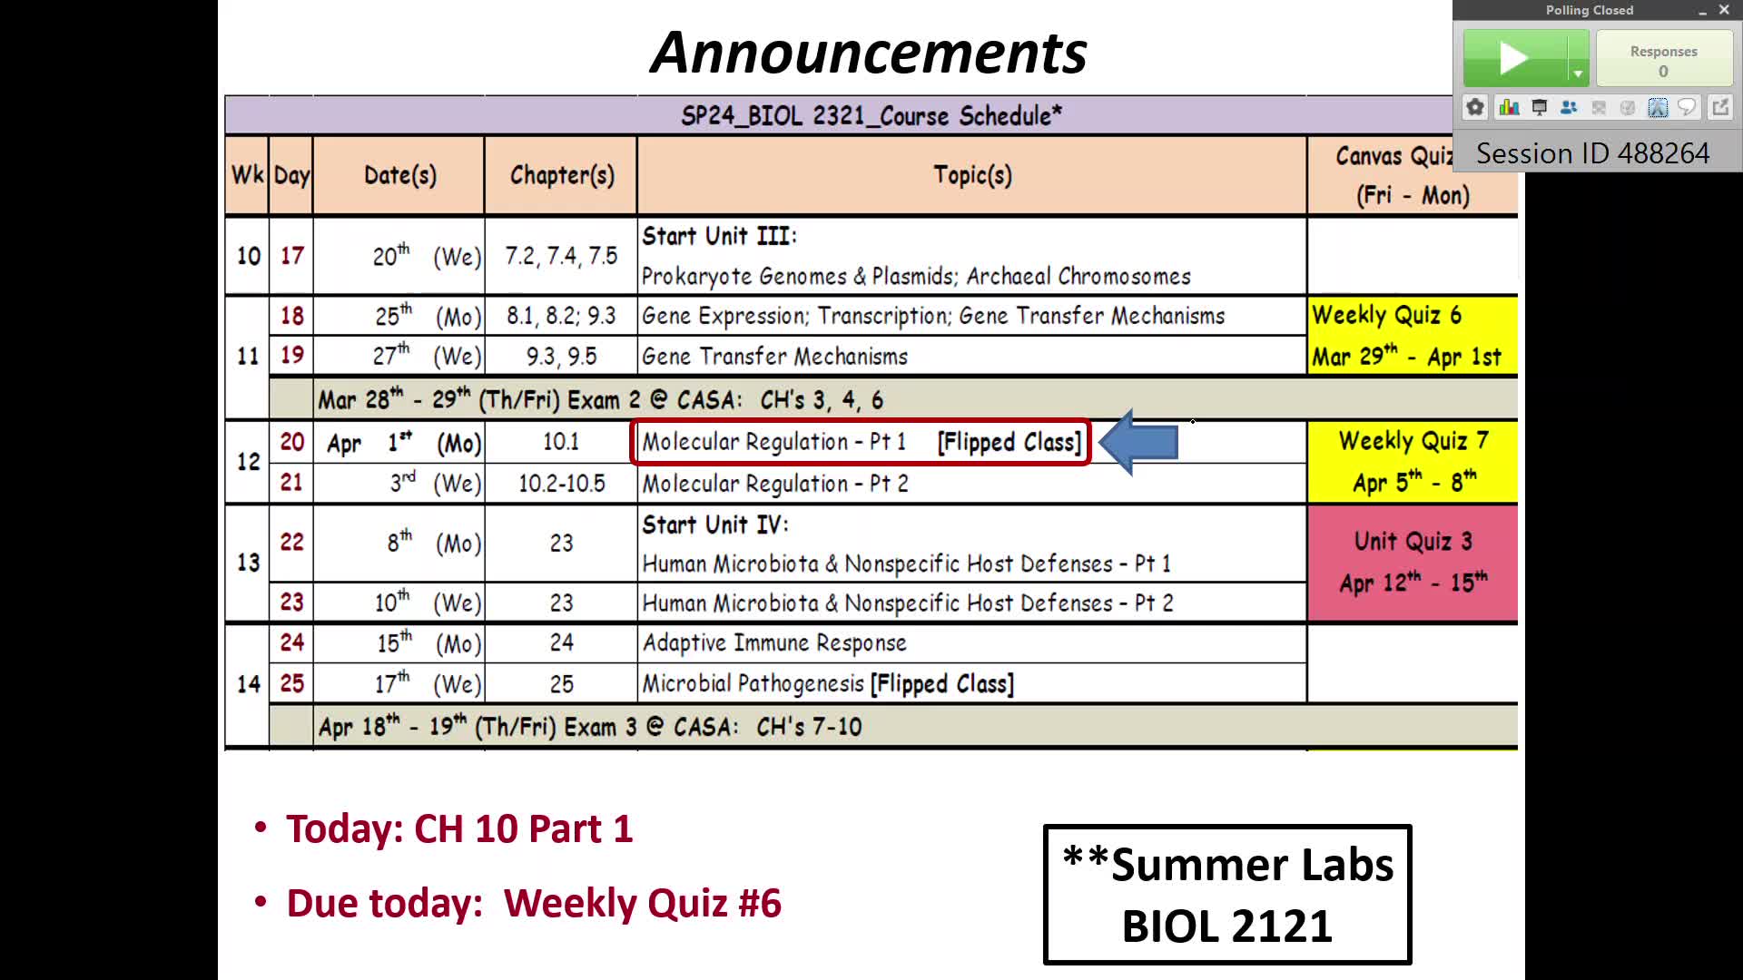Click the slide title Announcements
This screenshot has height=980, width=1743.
coord(869,53)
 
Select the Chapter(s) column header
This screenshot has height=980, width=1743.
coord(562,175)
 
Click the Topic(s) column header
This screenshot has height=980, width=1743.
coord(972,175)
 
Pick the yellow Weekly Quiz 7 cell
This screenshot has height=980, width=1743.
coord(1413,462)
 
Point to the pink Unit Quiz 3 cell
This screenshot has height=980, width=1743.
coord(1413,563)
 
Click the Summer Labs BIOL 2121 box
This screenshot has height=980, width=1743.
coord(1227,894)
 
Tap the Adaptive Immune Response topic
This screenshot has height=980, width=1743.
coord(774,643)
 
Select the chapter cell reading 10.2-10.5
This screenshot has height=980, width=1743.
coord(562,484)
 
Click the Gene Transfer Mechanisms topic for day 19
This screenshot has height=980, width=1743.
coord(774,357)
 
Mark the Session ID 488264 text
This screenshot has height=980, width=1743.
coord(1592,153)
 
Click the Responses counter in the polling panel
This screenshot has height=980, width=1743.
coord(1663,60)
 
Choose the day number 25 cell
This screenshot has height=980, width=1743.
coord(291,683)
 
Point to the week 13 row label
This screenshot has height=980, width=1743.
coord(248,563)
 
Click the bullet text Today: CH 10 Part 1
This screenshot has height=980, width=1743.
coord(459,828)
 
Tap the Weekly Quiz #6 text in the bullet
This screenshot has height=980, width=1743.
coord(642,903)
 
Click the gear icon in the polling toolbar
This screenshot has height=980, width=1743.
coord(1475,108)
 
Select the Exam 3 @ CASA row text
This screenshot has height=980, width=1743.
coord(589,727)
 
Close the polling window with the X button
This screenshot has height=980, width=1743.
coord(1724,10)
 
